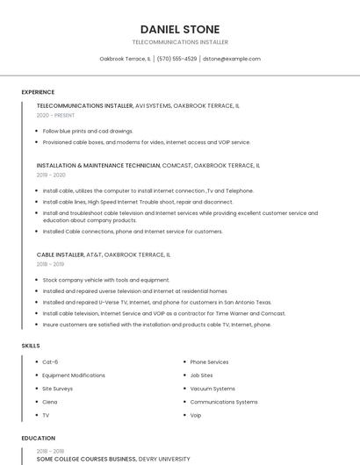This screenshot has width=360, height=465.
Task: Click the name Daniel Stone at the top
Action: tap(179, 29)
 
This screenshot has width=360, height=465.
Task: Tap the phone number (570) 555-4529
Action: tap(176, 59)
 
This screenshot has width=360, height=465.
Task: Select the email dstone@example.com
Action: tap(232, 59)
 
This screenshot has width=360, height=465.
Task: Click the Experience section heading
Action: tap(38, 92)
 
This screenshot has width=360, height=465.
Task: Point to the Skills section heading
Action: tap(31, 346)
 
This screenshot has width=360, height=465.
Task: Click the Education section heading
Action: tap(38, 438)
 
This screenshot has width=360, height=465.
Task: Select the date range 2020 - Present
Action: tap(55, 115)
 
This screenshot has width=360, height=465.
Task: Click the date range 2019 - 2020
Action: tap(51, 175)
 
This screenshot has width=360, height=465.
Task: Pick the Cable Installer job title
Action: tap(60, 254)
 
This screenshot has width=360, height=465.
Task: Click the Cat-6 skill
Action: tap(51, 361)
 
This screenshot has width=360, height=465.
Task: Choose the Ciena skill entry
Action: tap(50, 402)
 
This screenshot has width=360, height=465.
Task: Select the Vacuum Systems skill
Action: tap(212, 389)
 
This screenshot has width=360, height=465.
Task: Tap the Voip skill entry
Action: tap(196, 415)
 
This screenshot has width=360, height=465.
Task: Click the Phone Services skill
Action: tap(209, 361)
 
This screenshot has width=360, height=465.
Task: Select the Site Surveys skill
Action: tap(57, 389)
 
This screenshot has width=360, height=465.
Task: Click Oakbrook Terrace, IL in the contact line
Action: tap(125, 59)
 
